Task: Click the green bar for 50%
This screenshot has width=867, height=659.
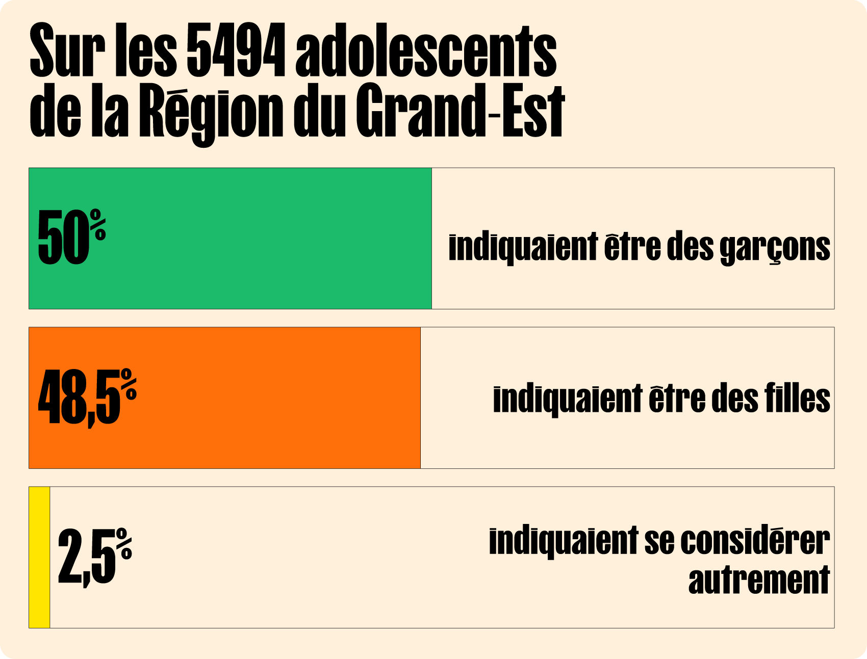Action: pos(230,239)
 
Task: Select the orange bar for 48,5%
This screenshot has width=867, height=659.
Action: pos(224,398)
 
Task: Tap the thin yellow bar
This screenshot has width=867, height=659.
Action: pos(39,557)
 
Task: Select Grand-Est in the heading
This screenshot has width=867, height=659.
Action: pos(460,111)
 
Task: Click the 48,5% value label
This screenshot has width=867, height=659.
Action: pos(87,398)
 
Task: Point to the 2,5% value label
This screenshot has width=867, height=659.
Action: pos(95,557)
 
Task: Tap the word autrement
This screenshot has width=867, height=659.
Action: pos(759,579)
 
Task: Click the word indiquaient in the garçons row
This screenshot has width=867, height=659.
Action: pos(523,247)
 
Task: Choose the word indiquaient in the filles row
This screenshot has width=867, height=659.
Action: pos(568,399)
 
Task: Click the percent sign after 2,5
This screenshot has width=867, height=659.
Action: pos(124,544)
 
